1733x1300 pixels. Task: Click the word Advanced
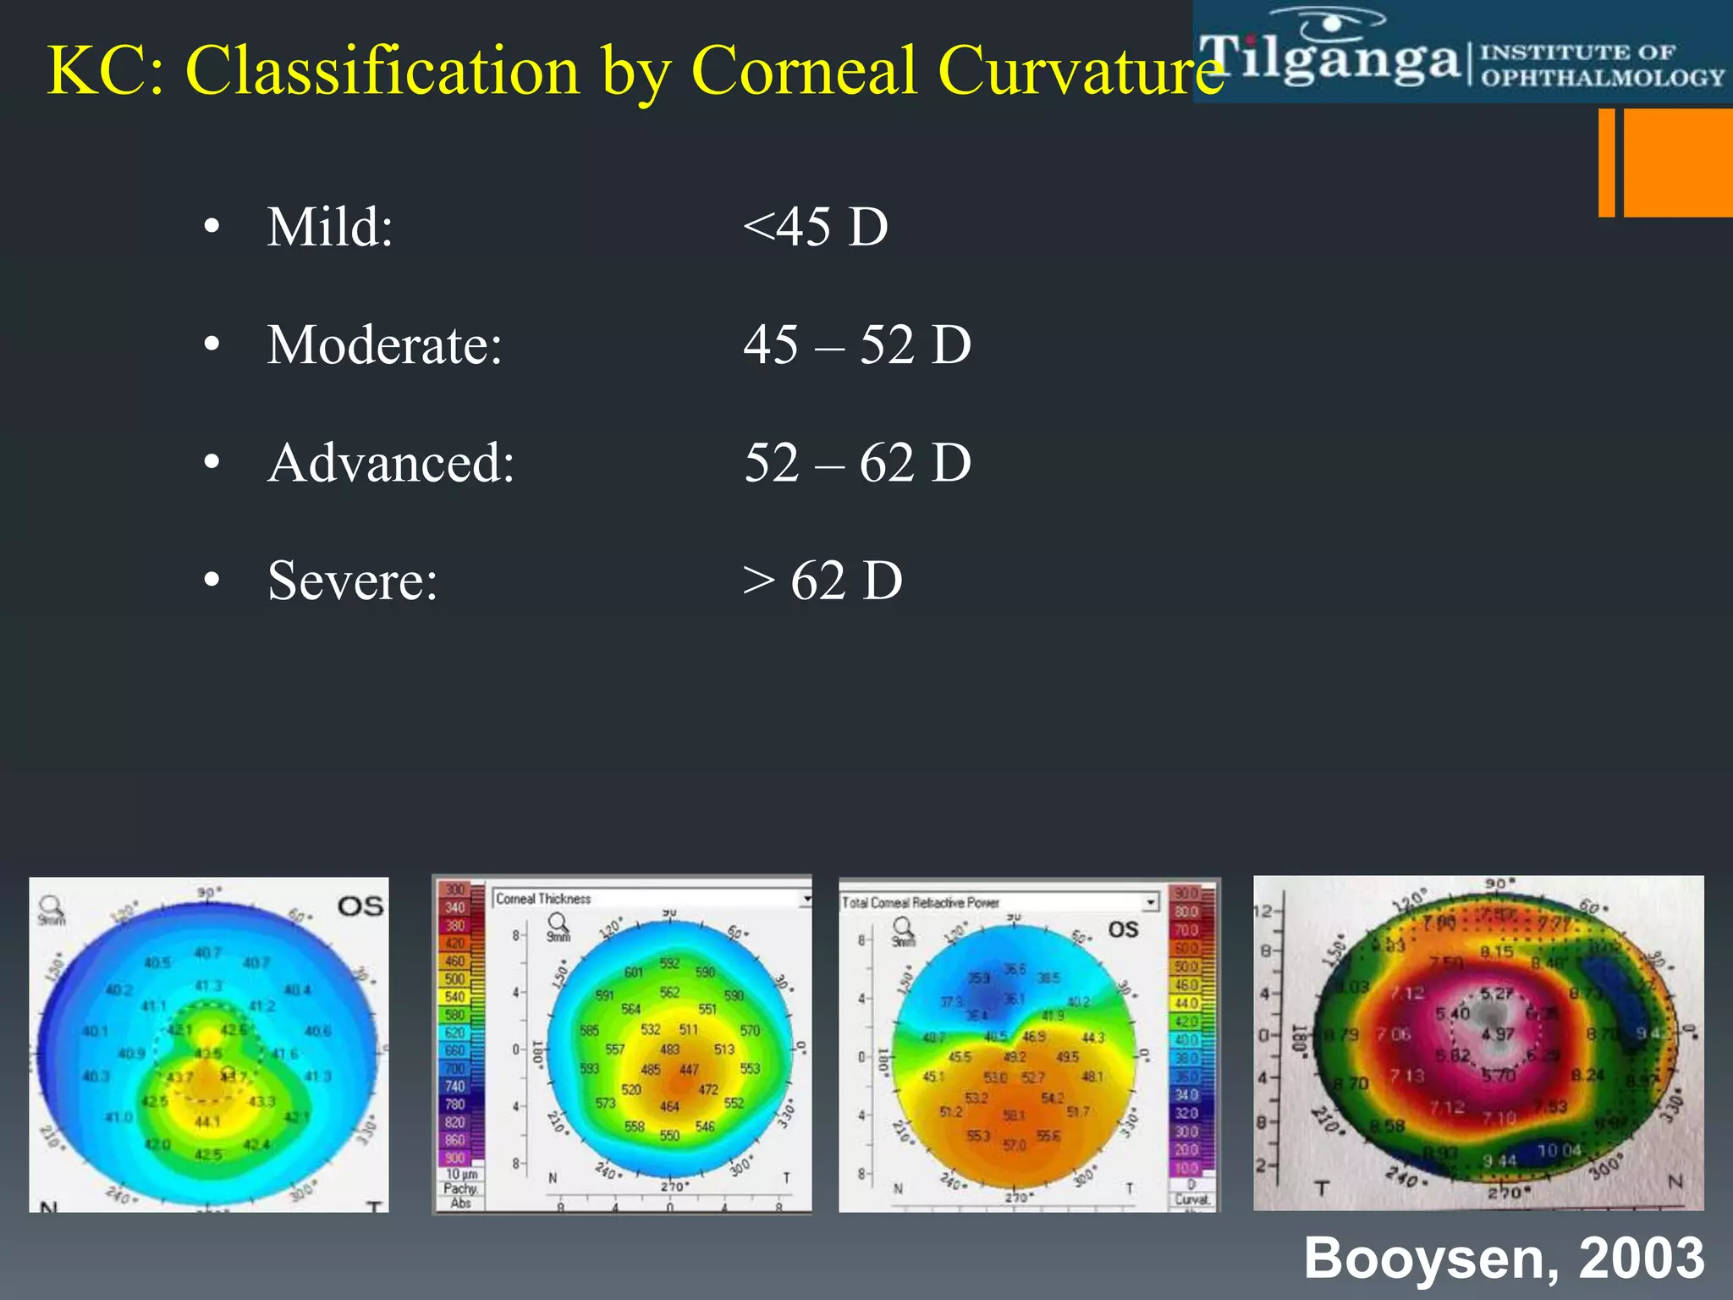pos(391,463)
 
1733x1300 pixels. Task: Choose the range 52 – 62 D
pos(856,463)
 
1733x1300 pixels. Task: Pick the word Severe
pos(352,581)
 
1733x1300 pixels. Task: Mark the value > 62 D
pos(822,581)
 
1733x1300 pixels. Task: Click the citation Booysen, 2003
pos(1504,1258)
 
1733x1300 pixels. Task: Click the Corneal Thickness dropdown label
pos(543,899)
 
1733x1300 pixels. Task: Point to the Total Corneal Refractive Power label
pos(920,903)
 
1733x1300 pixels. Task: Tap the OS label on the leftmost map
pos(360,906)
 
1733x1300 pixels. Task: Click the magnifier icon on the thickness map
pos(558,923)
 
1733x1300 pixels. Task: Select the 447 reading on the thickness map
pos(690,1070)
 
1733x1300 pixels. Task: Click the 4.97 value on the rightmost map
pos(1498,1034)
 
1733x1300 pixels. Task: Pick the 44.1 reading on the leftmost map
pos(207,1122)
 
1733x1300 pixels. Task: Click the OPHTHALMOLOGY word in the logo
pos(1602,78)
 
